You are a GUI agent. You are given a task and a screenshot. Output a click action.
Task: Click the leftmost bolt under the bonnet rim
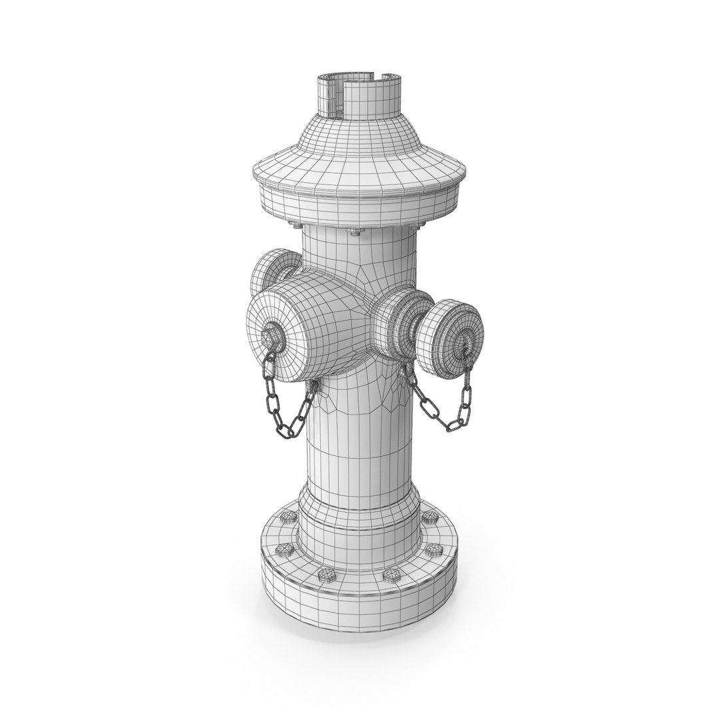tap(293, 223)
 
